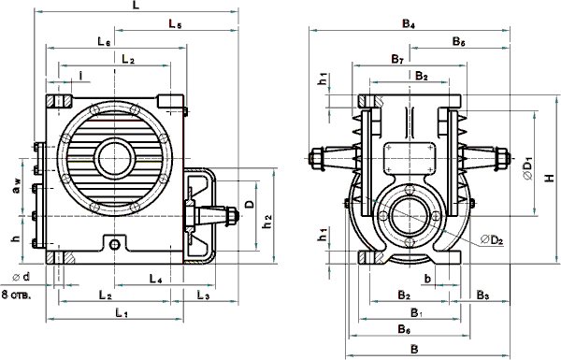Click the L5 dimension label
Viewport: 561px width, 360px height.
[x=176, y=24]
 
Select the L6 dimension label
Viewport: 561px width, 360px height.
[x=104, y=41]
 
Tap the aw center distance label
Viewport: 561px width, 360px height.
[x=16, y=187]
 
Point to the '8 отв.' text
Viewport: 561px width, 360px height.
[x=16, y=295]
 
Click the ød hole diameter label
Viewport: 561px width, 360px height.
[x=22, y=277]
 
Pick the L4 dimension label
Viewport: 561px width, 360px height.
[x=155, y=279]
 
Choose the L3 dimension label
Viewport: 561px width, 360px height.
[x=203, y=295]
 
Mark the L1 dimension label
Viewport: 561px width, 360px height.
[x=122, y=313]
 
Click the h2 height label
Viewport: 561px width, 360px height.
[x=266, y=222]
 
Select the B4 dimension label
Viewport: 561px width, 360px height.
[x=409, y=24]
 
